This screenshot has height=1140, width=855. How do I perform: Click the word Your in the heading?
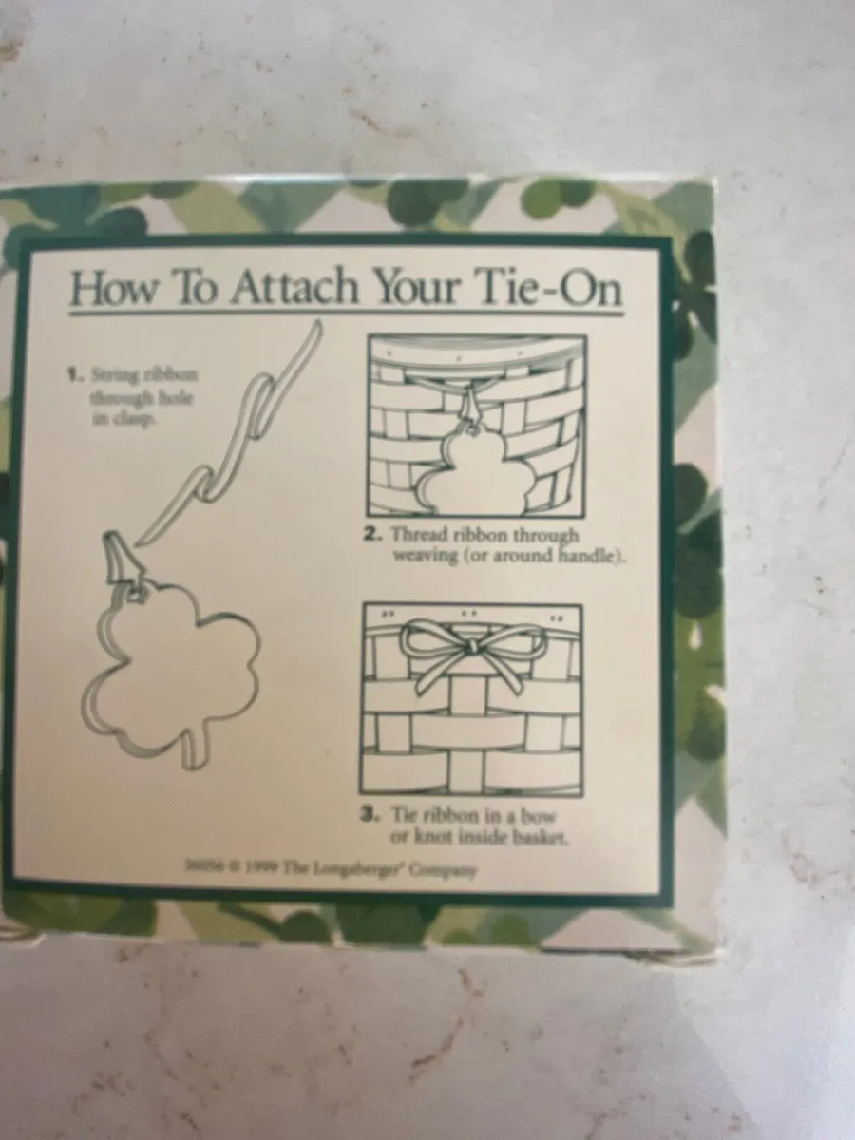coord(424,287)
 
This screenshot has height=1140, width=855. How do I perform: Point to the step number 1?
coord(70,373)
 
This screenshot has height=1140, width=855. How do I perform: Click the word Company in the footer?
coord(443,869)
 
